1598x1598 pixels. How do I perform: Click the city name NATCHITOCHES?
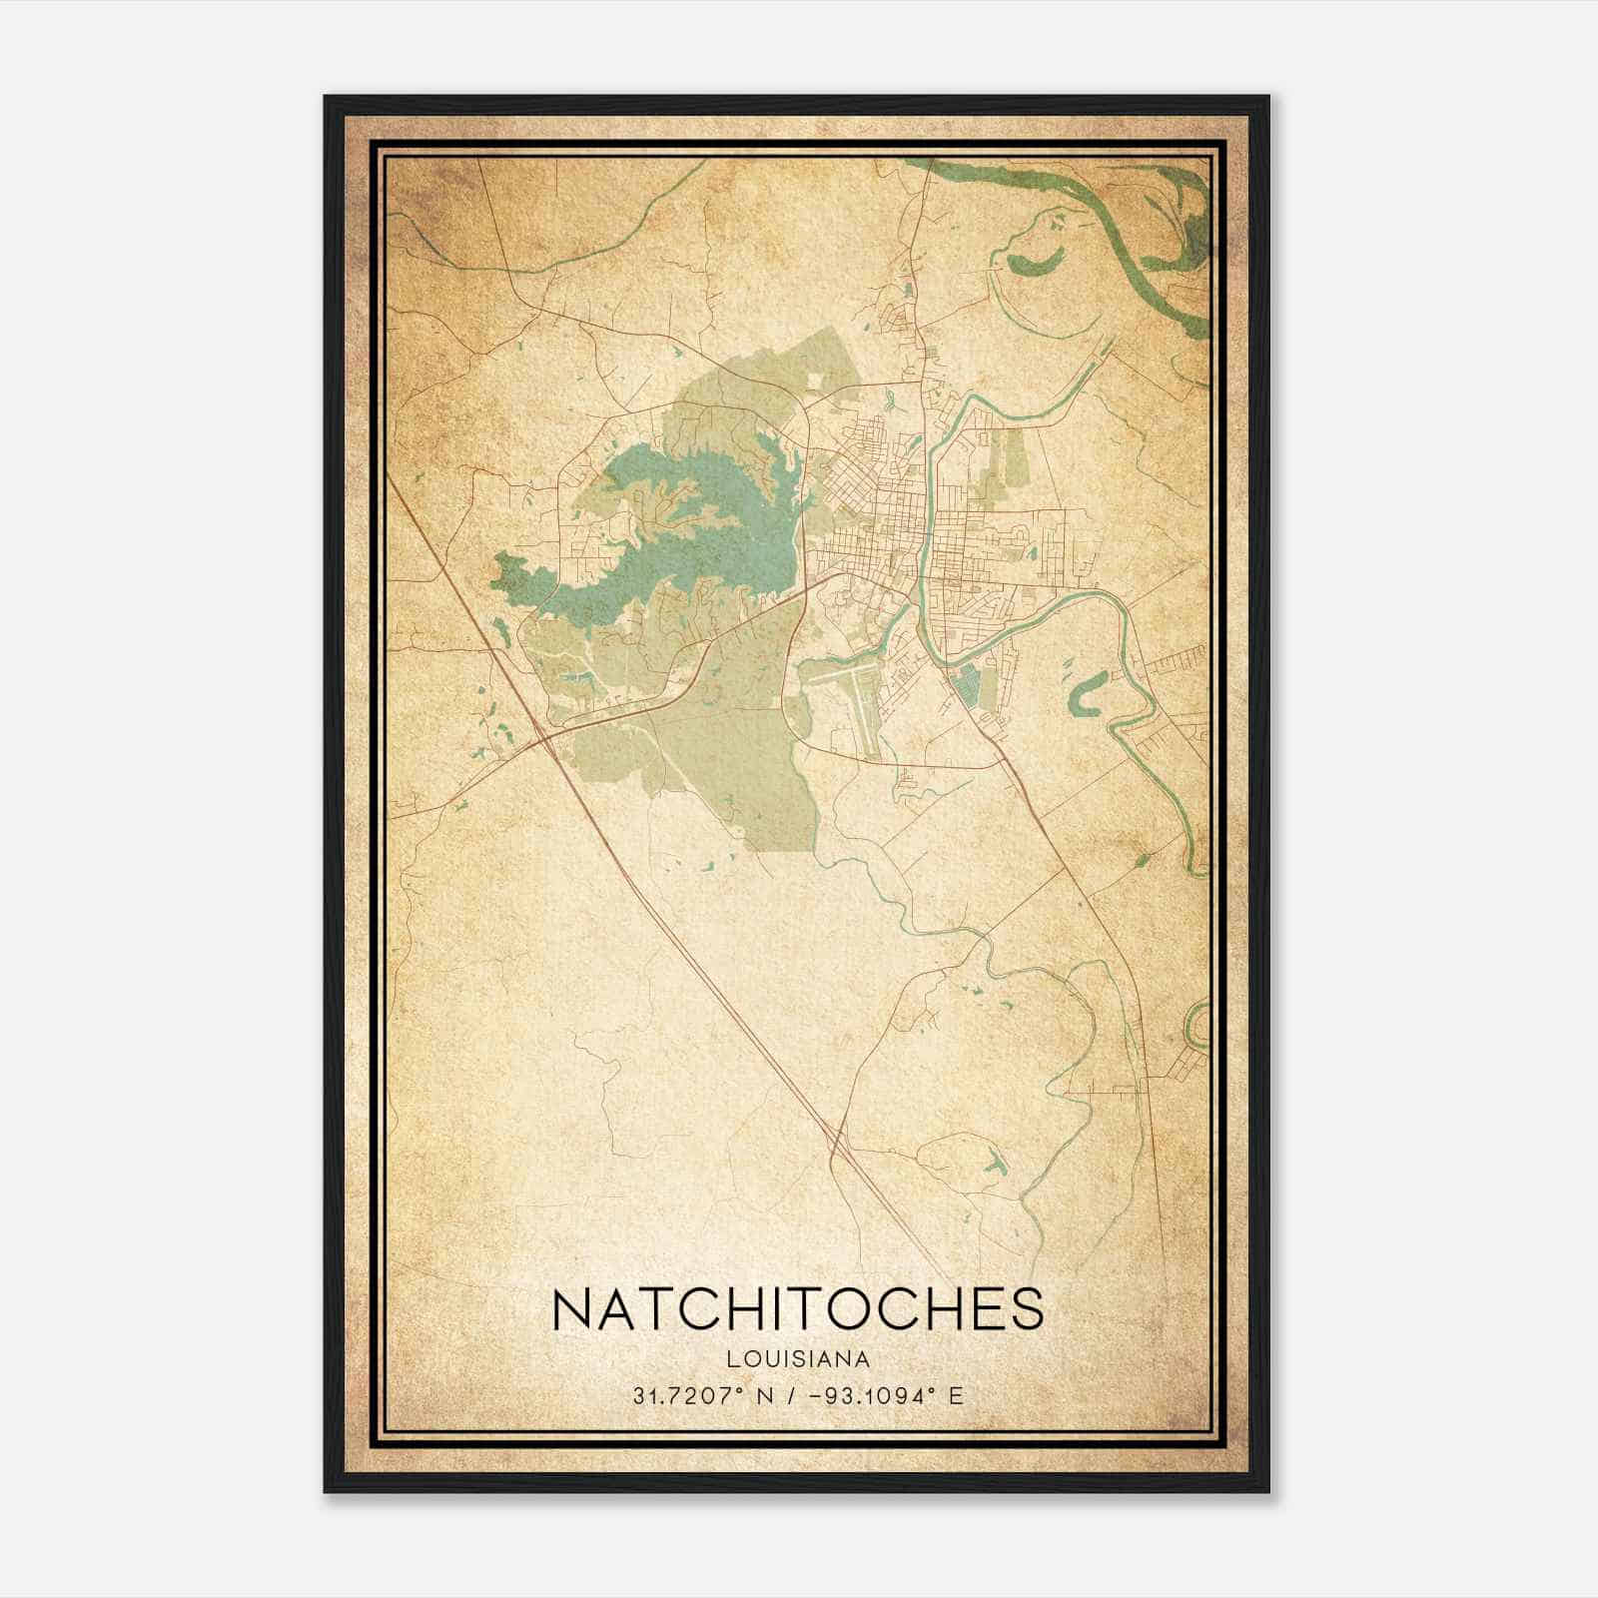click(798, 1308)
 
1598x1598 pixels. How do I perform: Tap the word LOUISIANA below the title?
click(798, 1359)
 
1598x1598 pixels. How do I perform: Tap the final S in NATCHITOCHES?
click(1027, 1308)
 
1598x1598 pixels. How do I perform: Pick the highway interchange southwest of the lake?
click(544, 740)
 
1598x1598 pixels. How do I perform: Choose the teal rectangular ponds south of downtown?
click(967, 689)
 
